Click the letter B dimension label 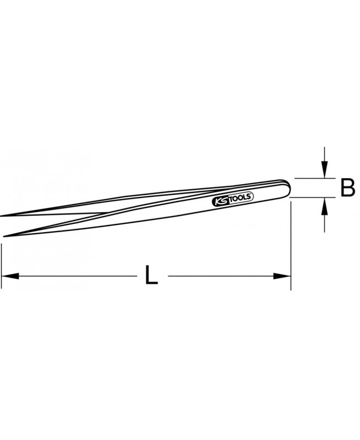(347, 188)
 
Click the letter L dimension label (151, 276)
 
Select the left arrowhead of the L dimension (10, 276)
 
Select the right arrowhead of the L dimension (282, 276)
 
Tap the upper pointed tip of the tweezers (1, 216)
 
